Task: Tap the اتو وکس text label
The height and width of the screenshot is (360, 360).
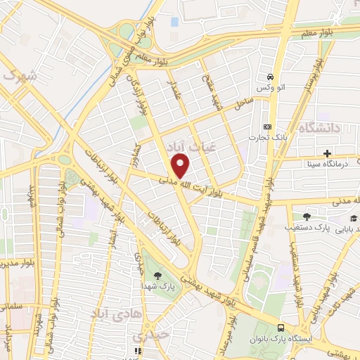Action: (x=269, y=86)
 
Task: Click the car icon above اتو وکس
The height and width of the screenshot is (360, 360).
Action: (x=269, y=76)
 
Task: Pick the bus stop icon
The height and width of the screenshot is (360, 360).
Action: (x=281, y=328)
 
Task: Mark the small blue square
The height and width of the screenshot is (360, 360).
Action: (x=174, y=22)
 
